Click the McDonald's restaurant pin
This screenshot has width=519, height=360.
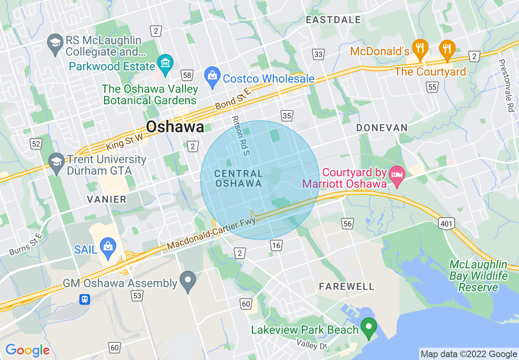420,49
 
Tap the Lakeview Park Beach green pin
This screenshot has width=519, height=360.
368,328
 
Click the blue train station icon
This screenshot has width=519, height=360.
85,299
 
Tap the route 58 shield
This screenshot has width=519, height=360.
187,75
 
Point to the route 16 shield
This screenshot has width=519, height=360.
276,245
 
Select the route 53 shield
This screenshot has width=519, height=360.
137,295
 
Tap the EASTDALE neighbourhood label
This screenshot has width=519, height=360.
334,20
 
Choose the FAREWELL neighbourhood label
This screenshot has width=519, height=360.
347,286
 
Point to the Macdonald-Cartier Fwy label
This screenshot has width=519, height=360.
211,234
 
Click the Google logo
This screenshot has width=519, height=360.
27,350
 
